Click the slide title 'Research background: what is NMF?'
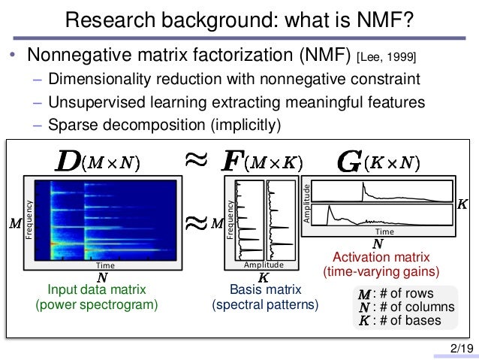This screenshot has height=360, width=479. pyautogui.click(x=239, y=20)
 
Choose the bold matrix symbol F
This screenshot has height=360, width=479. pyautogui.click(x=233, y=162)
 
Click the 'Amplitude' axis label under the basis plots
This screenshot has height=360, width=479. pyautogui.click(x=264, y=265)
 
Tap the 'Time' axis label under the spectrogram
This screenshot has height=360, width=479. pyautogui.click(x=104, y=265)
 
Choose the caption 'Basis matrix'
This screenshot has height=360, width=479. pyautogui.click(x=265, y=291)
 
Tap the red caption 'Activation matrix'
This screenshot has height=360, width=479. pyautogui.click(x=380, y=257)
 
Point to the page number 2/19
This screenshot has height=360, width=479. pyautogui.click(x=461, y=348)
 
